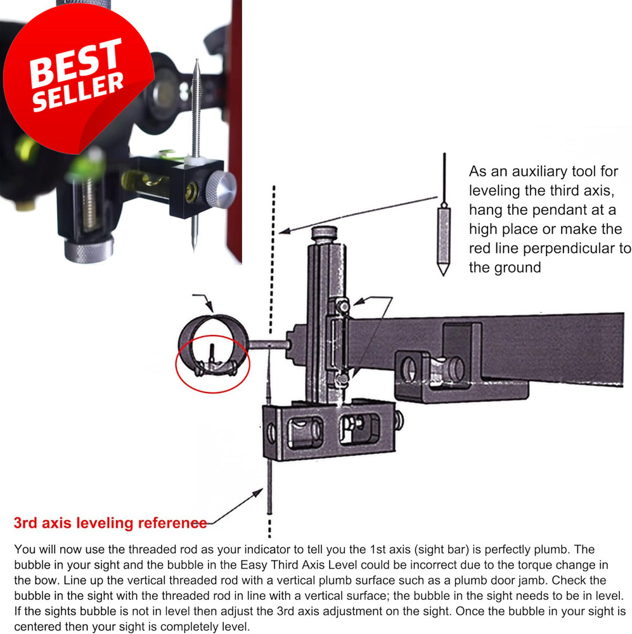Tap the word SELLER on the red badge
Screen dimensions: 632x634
[78, 92]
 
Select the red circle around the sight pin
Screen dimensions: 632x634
[213, 364]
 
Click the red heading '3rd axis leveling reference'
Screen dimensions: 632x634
[110, 523]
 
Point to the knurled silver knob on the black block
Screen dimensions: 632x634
[221, 189]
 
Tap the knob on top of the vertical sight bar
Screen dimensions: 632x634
[325, 234]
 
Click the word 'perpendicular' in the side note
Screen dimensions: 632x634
[569, 249]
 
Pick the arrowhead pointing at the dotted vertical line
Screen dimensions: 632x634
[285, 231]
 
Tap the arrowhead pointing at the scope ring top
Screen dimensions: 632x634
[209, 307]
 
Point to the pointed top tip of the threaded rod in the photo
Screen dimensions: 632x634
[197, 60]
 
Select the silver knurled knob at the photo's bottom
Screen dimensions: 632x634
[89, 249]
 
